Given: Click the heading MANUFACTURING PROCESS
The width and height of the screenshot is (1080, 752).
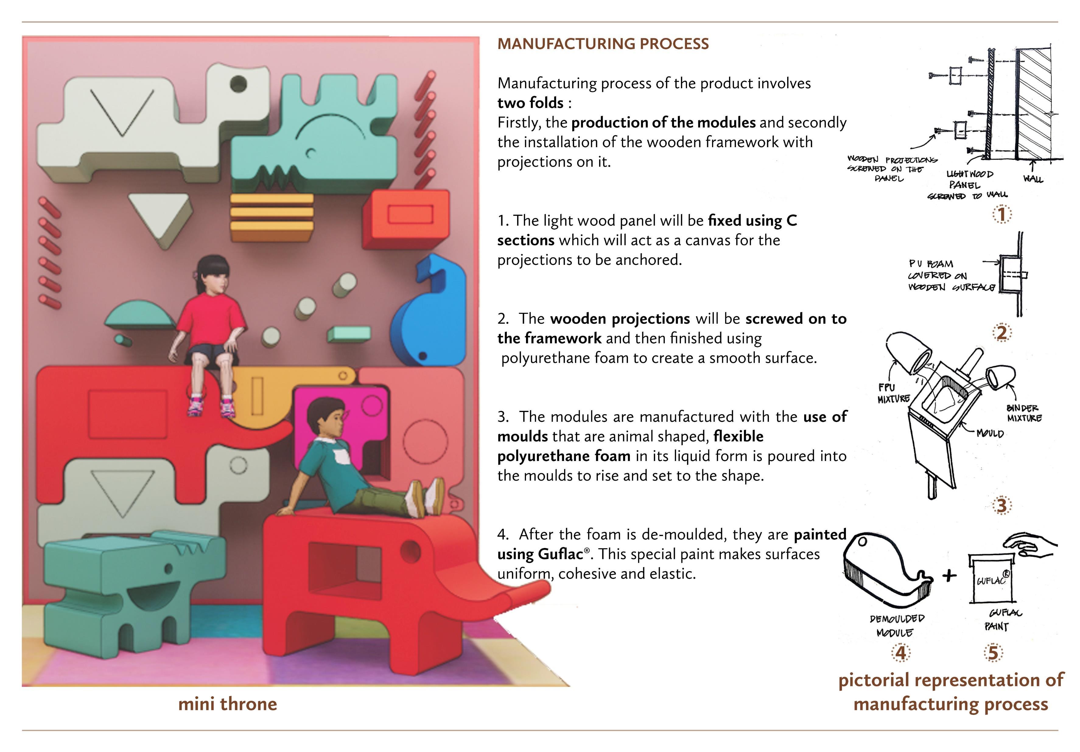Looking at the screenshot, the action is click(603, 44).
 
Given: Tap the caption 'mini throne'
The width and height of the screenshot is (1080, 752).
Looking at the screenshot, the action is click(228, 704).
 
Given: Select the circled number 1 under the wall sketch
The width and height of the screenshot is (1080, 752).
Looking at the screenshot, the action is click(1002, 215).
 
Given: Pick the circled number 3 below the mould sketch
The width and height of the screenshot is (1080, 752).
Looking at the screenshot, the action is click(1001, 506).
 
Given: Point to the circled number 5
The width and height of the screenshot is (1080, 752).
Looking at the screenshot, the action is click(993, 653).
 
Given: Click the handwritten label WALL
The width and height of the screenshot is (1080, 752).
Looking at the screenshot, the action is click(1033, 178).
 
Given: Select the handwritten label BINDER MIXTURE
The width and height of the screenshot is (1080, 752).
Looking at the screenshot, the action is click(1024, 413).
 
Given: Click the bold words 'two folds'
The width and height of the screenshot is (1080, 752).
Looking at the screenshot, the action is click(530, 102).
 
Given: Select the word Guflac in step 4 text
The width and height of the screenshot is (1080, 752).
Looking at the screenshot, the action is click(560, 554).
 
